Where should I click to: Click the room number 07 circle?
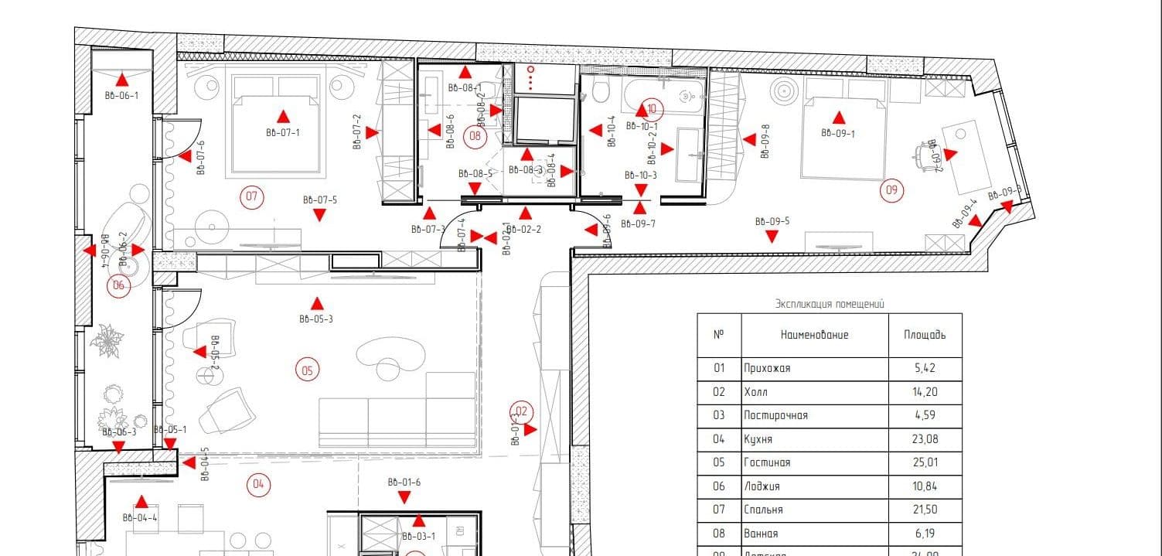[x=251, y=196]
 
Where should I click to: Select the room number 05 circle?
[x=307, y=370]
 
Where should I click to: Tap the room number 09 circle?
[x=892, y=189]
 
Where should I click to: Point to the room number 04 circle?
[x=258, y=486]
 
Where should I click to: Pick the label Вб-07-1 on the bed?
[x=282, y=133]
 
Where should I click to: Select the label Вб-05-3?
[x=315, y=319]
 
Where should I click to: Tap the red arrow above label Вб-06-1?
[x=121, y=78]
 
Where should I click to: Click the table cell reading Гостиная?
[x=767, y=462]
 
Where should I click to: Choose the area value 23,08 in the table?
[x=925, y=439]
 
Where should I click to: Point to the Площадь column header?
[x=925, y=335]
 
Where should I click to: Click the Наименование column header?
[x=814, y=335]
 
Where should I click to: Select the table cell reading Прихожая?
[x=767, y=368]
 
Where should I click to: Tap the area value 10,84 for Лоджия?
[x=925, y=486]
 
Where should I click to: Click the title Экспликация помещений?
[x=829, y=305]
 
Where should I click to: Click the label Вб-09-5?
[x=772, y=222]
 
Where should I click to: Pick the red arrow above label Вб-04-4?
[x=141, y=502]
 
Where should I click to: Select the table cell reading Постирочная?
[x=775, y=415]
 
